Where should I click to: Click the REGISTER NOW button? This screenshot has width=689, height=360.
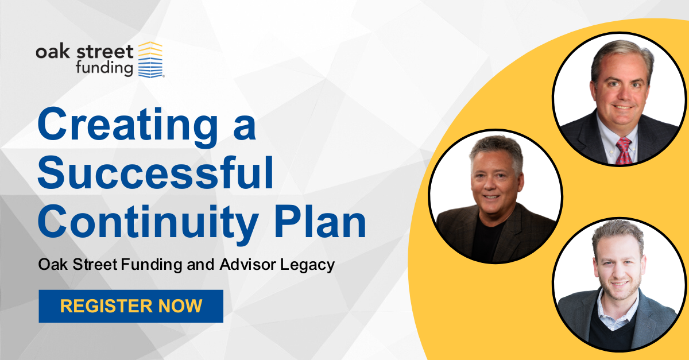[x=131, y=306]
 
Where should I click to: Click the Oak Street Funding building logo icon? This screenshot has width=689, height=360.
[x=150, y=60]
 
